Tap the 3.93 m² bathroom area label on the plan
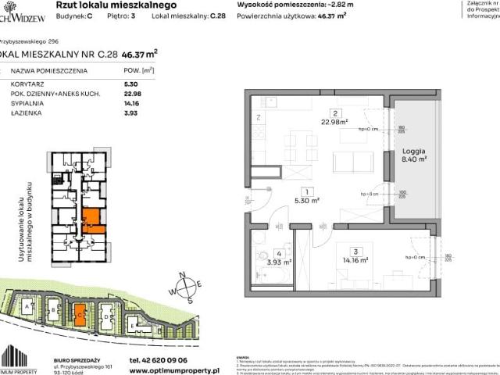[278, 261]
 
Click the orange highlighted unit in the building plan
[91, 220]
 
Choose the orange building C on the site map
[80, 316]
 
